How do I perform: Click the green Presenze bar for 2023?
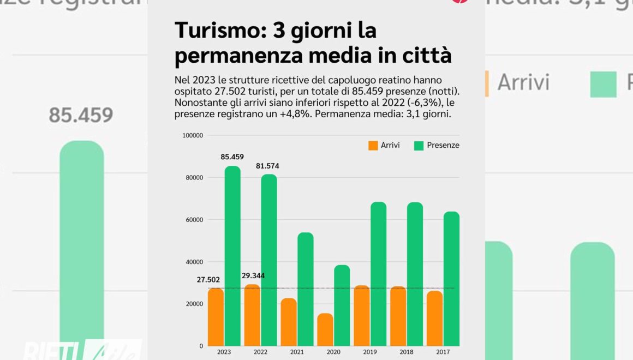(232, 256)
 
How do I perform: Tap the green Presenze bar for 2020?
(342, 305)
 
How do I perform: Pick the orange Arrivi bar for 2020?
(325, 329)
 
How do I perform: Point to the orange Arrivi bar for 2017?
(434, 319)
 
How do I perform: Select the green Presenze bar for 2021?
(305, 289)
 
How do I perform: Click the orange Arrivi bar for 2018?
(398, 316)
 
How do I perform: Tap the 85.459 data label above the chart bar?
(232, 157)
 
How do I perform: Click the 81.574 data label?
(267, 166)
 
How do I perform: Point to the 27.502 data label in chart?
(208, 280)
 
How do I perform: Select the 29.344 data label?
(253, 275)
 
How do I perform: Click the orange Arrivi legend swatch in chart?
(373, 146)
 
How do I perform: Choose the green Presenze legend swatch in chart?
(419, 146)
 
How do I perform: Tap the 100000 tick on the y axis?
(192, 135)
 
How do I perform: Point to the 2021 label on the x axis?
(297, 352)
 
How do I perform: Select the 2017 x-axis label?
(443, 352)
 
